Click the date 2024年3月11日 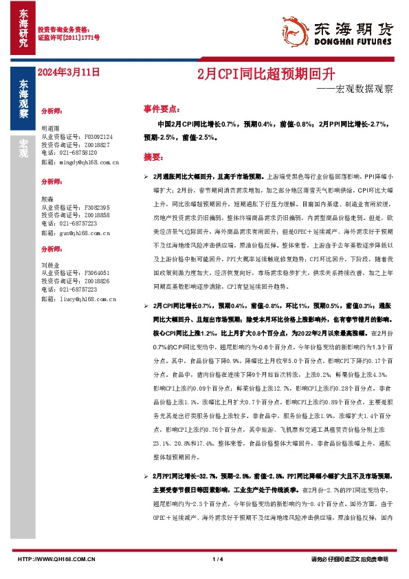coord(69,72)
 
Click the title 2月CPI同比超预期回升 coord(236,72)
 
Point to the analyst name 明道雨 coord(51,129)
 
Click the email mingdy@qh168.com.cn coord(80,162)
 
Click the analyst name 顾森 coord(47,198)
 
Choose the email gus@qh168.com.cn coord(76,233)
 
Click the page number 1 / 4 coord(219,560)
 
